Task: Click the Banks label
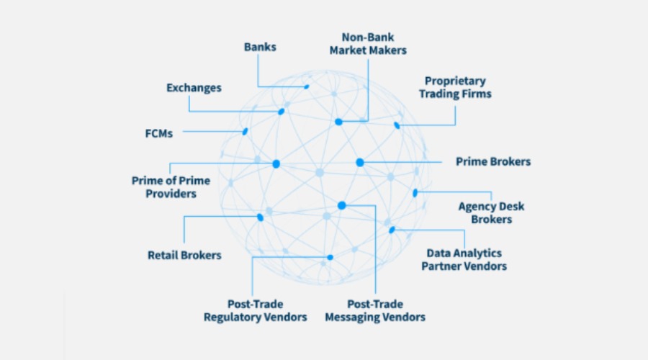point(261,48)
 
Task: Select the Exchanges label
point(194,88)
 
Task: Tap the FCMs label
point(159,133)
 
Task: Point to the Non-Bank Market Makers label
point(368,43)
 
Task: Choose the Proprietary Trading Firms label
point(455,87)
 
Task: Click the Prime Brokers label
point(493,161)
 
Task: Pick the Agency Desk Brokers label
point(491,212)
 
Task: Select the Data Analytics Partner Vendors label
point(465,259)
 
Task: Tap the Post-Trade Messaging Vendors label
point(375,310)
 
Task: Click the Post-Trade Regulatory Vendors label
point(255,310)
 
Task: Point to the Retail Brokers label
point(184,255)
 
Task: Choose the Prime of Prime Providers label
point(171,186)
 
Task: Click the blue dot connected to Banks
point(307,86)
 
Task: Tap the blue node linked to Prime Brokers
point(359,162)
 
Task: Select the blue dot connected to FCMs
point(246,132)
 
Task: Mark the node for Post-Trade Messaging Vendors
point(342,205)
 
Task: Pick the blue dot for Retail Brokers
point(260,217)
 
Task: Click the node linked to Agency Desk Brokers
point(415,193)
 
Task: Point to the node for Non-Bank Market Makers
point(338,122)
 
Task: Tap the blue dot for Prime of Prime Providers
point(276,164)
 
